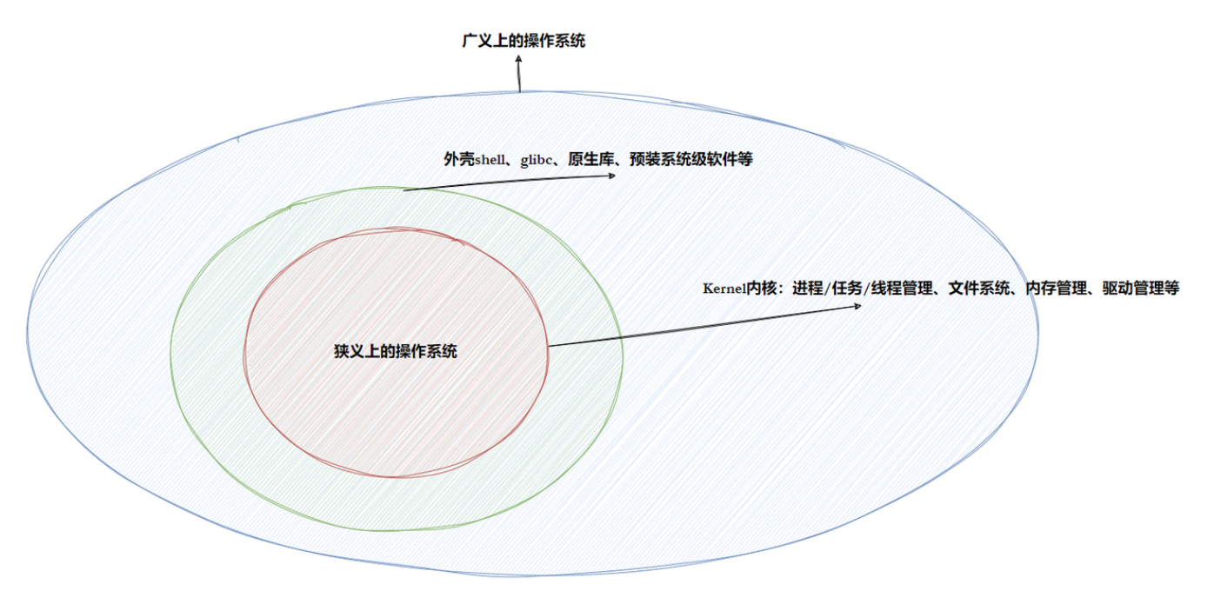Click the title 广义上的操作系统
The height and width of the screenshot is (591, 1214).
524,40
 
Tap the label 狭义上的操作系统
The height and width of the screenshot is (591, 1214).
396,351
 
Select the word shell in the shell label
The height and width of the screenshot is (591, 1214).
490,160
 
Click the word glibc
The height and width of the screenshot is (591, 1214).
538,160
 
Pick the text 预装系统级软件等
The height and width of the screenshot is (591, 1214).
691,160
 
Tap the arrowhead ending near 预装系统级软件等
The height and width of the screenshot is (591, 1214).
611,176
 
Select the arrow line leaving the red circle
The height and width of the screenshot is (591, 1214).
704,326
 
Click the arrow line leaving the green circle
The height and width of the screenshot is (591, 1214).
509,183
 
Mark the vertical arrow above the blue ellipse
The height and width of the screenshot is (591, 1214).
519,76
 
